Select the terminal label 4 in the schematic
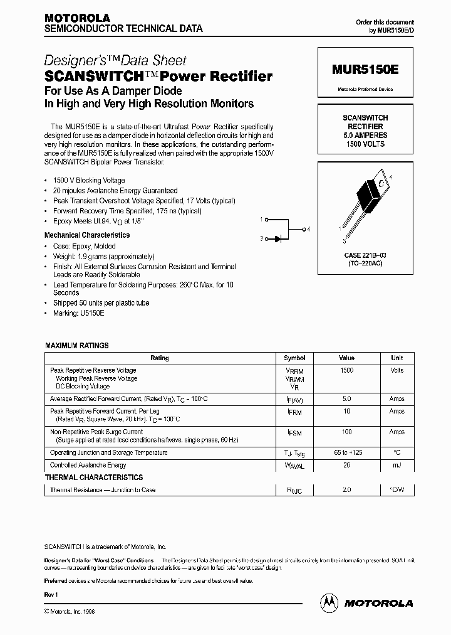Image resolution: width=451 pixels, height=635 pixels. pyautogui.click(x=309, y=229)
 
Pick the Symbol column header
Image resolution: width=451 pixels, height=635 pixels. pyautogui.click(x=294, y=358)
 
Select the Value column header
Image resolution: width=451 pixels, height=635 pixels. pyautogui.click(x=346, y=358)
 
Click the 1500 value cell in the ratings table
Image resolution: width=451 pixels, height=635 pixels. pyautogui.click(x=346, y=370)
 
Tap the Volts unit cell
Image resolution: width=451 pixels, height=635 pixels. pyautogui.click(x=397, y=370)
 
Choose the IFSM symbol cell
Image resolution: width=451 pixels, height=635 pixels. pyautogui.click(x=294, y=432)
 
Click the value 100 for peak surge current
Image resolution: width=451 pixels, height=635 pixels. pyautogui.click(x=346, y=432)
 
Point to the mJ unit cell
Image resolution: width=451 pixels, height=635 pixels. pyautogui.click(x=397, y=465)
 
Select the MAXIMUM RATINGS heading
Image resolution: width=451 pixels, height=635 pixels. pyautogui.click(x=77, y=346)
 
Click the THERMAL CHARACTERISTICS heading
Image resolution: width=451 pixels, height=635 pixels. pyautogui.click(x=93, y=478)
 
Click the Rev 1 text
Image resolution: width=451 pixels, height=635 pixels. pyautogui.click(x=51, y=594)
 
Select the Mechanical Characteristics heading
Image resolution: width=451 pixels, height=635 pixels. pyautogui.click(x=87, y=235)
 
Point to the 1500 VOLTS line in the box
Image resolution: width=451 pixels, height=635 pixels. pyautogui.click(x=365, y=144)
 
